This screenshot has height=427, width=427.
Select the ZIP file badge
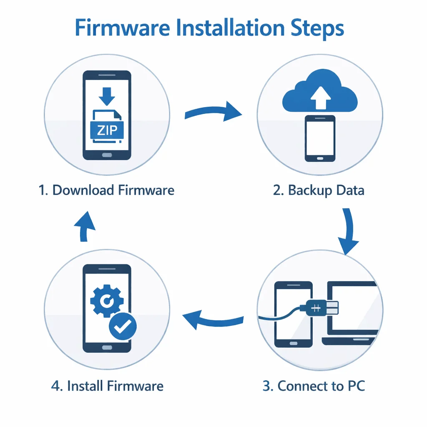107,131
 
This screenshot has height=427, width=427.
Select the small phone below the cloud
320,138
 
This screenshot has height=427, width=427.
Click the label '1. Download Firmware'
106,190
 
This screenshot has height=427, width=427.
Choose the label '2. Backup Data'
319,190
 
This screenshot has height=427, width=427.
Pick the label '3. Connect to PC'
314,386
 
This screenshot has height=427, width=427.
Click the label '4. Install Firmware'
107,386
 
